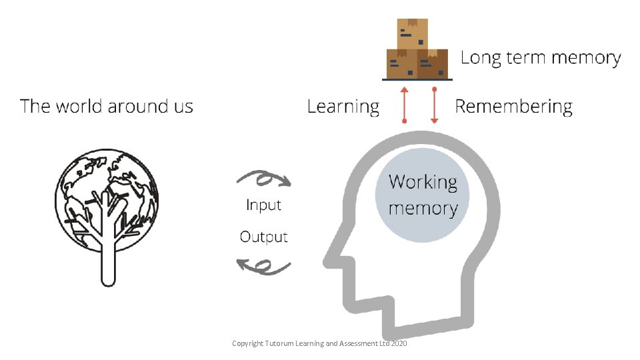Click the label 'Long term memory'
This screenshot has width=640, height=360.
point(540,58)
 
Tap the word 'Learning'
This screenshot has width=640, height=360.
point(343,106)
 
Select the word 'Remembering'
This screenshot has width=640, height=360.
point(513,106)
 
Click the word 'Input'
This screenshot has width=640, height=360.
point(263,205)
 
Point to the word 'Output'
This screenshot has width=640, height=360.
point(263,237)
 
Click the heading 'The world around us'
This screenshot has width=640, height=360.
point(107,106)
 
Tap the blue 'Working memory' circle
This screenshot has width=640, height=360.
point(422,195)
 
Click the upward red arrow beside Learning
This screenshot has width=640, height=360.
point(404,104)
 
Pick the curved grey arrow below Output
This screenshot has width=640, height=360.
point(264,267)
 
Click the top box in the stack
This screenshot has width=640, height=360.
point(412,33)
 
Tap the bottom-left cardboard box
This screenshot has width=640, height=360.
point(402,64)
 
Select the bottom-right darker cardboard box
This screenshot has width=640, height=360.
point(433,64)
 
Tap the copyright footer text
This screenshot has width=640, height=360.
point(319,343)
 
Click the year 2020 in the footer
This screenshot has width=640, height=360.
point(399,343)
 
